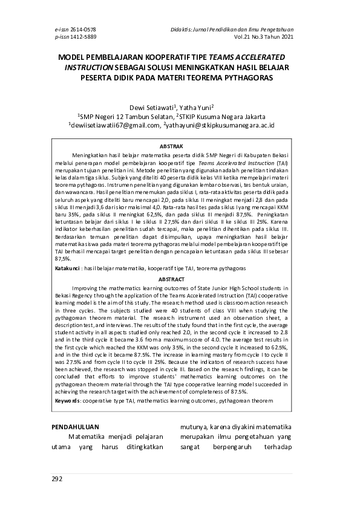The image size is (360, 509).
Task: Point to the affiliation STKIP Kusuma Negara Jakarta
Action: pos(232,116)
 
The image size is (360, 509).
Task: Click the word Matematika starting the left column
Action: pos(91,436)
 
